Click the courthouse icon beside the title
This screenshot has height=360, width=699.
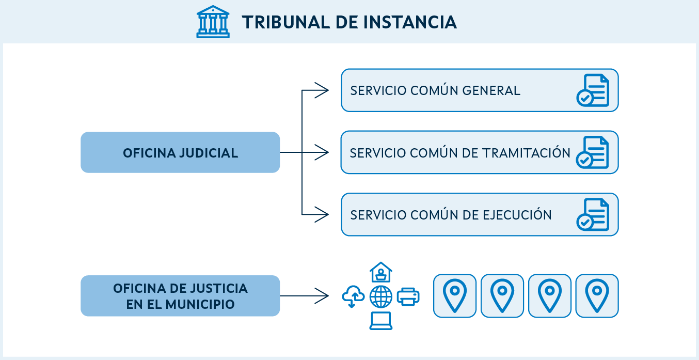click(213, 22)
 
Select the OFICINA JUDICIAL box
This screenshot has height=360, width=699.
click(180, 153)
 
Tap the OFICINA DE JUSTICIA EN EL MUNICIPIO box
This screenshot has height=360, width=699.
click(180, 296)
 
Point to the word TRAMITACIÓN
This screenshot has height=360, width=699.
click(526, 153)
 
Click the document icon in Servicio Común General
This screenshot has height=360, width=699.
click(593, 90)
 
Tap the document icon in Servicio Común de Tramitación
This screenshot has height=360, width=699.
click(593, 153)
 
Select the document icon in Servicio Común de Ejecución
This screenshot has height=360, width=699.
click(593, 214)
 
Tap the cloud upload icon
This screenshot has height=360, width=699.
click(353, 296)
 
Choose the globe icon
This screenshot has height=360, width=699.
click(381, 296)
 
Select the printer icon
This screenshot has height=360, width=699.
click(408, 296)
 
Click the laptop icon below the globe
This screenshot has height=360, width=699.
click(381, 321)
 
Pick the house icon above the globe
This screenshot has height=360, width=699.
click(381, 272)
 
